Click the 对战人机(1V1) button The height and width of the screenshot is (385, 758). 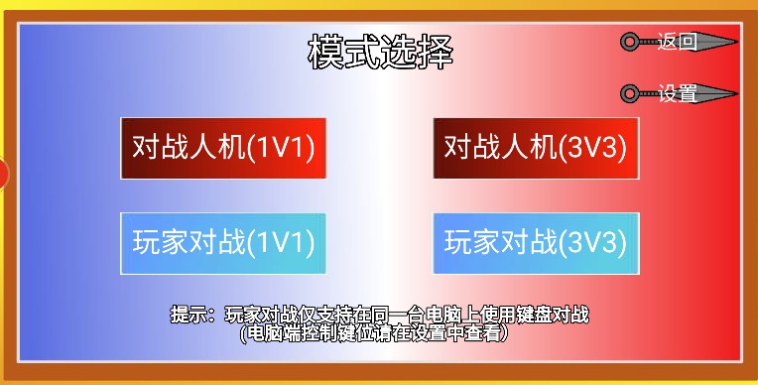pos(223,148)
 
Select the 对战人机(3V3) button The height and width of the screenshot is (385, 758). pos(536,148)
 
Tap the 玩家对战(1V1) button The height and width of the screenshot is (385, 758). pos(223,243)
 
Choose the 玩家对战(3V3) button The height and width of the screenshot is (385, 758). pos(536,243)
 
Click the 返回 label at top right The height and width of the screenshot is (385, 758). pos(678,42)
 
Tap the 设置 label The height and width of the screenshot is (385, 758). pos(678,93)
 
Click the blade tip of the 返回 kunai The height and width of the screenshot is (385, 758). pos(738,42)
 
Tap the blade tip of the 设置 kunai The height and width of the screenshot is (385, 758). pos(738,93)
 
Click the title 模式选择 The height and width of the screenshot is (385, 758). pos(380,52)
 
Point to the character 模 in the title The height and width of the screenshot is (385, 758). pos(325,52)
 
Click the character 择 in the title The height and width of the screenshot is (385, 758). pos(436,52)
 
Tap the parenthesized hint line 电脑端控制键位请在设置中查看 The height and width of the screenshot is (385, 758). pos(374,333)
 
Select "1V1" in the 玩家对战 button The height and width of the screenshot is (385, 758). pos(280,242)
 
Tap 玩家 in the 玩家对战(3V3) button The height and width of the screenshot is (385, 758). pos(472,242)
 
